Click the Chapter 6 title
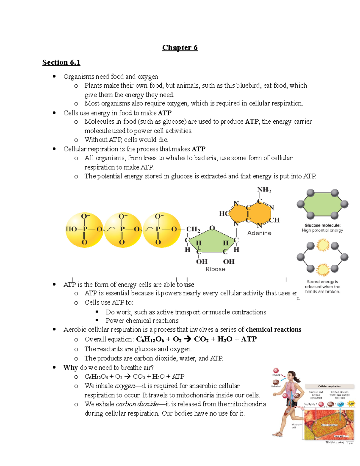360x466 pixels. pyautogui.click(x=180, y=48)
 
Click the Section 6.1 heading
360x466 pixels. pyautogui.click(x=61, y=62)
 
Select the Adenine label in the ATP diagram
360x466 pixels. pyautogui.click(x=259, y=233)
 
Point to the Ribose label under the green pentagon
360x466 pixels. pyautogui.click(x=215, y=269)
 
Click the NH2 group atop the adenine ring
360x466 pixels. pyautogui.click(x=264, y=190)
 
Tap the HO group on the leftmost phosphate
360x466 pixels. pyautogui.click(x=71, y=229)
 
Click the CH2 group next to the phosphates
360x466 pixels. pyautogui.click(x=193, y=230)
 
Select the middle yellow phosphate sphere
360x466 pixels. pyautogui.click(x=123, y=230)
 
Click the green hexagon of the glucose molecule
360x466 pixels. pyautogui.click(x=322, y=204)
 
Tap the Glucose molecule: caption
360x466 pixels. pyautogui.click(x=322, y=225)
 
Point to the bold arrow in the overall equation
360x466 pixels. pyautogui.click(x=187, y=339)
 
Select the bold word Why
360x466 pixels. pyautogui.click(x=70, y=368)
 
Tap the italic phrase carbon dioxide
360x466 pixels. pyautogui.click(x=137, y=404)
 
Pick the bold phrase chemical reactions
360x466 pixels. pyautogui.click(x=273, y=329)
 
